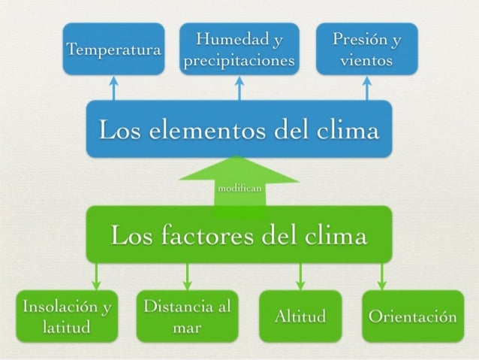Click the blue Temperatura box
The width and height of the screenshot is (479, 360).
point(113,50)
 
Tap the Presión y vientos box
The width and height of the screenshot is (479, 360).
point(365,50)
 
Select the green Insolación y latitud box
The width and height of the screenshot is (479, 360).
point(67,317)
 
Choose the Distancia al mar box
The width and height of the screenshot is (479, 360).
point(187,317)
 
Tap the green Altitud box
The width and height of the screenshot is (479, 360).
point(300,317)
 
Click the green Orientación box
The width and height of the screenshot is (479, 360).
point(410,317)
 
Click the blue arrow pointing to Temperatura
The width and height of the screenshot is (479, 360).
point(113,87)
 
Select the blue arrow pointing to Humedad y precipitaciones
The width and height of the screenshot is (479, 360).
point(239,87)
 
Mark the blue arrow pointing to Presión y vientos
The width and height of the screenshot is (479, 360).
point(366,87)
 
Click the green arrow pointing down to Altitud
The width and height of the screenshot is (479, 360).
point(300,276)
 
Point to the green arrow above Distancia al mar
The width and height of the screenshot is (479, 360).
point(187,276)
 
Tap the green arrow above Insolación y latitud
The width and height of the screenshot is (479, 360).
point(95,276)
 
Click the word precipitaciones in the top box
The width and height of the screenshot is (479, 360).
point(239,61)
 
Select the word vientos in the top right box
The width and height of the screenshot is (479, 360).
point(365,61)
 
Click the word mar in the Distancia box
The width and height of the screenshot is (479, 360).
point(186,328)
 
